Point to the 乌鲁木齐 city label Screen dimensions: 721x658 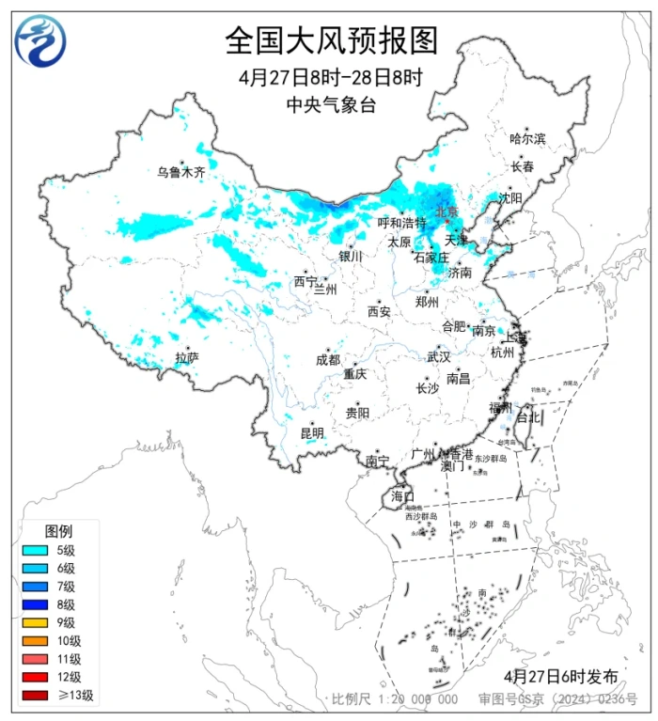180,172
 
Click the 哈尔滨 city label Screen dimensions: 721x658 527,138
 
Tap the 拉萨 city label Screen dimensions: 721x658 187,357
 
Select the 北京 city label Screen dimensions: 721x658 446,212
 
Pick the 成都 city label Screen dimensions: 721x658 328,359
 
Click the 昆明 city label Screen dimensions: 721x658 311,433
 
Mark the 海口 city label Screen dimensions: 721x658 402,495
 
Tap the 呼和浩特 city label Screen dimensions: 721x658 401,223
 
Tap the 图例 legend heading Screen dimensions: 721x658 58,531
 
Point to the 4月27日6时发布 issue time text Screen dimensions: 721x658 561,676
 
